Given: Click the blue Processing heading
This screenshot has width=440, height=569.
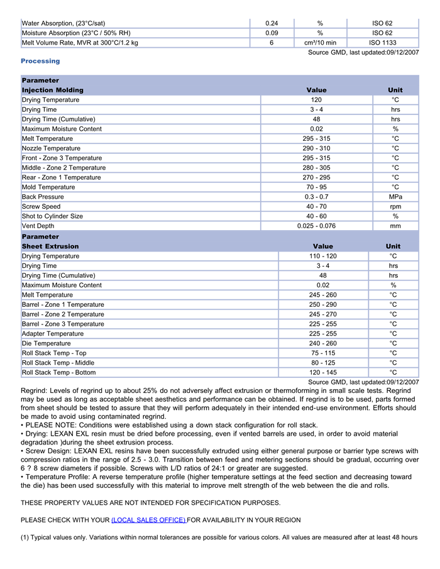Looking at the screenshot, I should tap(40, 61).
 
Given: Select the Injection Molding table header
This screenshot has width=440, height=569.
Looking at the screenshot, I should tap(52, 90).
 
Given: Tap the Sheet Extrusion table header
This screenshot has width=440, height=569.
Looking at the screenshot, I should tap(50, 246).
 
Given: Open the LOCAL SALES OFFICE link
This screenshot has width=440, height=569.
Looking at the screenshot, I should tap(148, 520).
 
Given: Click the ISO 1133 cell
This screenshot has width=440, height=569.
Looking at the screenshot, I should tap(382, 43).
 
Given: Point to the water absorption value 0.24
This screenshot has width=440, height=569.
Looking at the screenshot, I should tap(272, 23).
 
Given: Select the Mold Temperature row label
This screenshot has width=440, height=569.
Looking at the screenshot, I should tap(48, 187).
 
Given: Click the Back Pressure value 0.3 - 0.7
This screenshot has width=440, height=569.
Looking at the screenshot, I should tap(316, 197).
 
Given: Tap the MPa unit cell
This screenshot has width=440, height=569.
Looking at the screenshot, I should tap(395, 197).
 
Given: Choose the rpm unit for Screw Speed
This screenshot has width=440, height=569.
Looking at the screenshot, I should tap(395, 206).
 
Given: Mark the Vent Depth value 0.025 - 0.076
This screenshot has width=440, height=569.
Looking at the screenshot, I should tap(316, 226).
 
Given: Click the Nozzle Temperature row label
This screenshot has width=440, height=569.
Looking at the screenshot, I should tap(52, 148).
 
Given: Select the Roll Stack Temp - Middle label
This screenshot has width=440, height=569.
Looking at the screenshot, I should tap(58, 363).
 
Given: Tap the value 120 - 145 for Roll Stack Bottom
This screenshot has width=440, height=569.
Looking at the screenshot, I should tap(322, 372).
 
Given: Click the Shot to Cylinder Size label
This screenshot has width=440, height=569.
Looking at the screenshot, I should tap(52, 216).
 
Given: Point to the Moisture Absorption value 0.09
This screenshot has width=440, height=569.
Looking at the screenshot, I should tap(272, 33).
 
